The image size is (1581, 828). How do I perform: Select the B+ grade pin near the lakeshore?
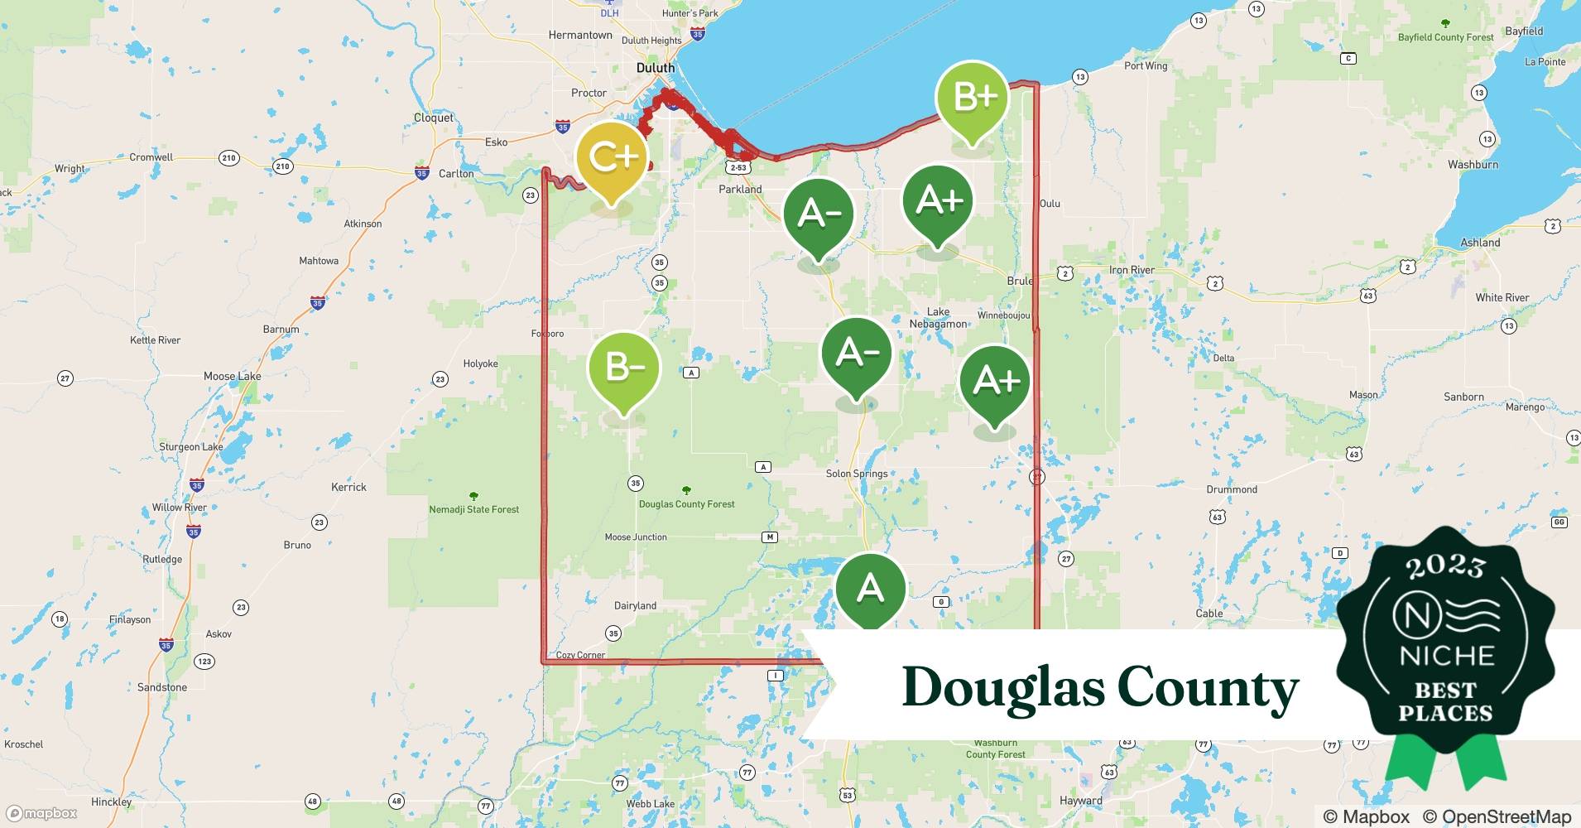[x=973, y=97]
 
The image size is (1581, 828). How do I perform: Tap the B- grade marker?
[x=623, y=367]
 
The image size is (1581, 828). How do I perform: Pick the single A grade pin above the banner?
[x=870, y=589]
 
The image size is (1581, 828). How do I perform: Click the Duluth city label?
[x=656, y=68]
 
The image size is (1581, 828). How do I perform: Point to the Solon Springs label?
[x=857, y=474]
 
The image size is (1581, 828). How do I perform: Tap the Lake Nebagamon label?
[x=938, y=318]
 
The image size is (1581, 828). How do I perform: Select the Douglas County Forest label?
[x=686, y=503]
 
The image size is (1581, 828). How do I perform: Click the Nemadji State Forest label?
[x=473, y=509]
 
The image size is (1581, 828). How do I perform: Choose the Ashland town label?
[x=1480, y=243]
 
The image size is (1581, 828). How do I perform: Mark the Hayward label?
[x=1081, y=801]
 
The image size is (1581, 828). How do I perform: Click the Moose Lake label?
[x=232, y=376]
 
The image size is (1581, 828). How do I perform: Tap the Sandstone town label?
[x=162, y=687]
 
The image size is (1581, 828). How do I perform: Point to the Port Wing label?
[x=1146, y=65]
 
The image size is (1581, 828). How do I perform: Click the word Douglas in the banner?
[x=1002, y=687]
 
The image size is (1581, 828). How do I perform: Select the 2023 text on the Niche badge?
[x=1445, y=566]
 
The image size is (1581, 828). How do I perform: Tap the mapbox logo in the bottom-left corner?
[x=41, y=813]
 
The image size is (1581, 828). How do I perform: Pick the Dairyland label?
[x=635, y=605]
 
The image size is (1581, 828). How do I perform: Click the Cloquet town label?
[x=434, y=118]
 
